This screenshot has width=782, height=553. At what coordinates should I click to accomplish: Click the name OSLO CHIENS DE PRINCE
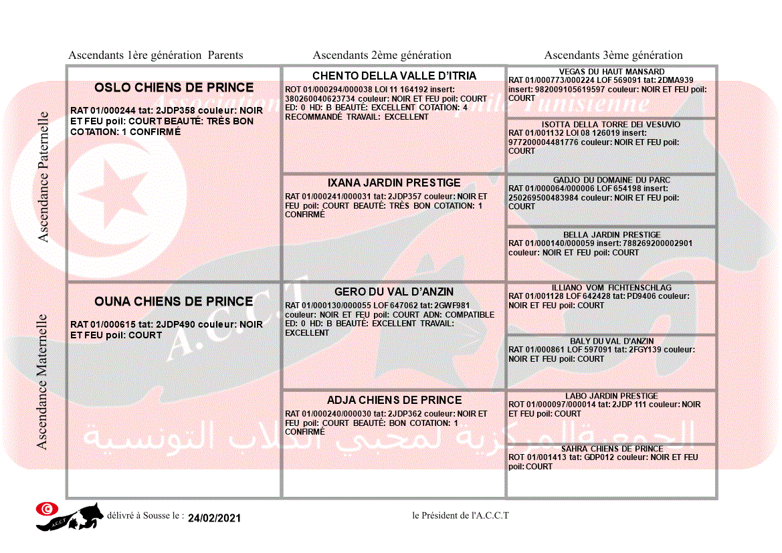coord(174,88)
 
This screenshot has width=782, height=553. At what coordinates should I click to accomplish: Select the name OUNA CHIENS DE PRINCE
coord(173,302)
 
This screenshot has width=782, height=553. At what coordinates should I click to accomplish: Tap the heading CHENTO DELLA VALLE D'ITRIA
coord(394,76)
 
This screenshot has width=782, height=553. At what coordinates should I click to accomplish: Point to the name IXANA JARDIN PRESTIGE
coord(394,183)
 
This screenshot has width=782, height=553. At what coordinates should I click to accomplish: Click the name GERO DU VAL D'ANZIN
coord(394,292)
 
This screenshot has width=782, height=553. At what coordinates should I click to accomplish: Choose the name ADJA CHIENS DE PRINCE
coord(394,400)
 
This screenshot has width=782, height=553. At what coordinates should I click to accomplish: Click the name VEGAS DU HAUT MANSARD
coord(611,72)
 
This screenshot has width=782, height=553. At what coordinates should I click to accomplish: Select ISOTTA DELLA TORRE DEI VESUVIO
coord(611,124)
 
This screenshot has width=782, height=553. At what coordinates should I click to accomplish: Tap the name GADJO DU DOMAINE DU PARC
coord(611,180)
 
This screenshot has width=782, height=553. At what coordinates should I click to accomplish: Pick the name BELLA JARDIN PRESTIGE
coord(611,235)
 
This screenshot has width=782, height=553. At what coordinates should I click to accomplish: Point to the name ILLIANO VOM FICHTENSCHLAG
coord(611,288)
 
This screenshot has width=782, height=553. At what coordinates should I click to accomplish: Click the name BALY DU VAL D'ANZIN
coord(611,341)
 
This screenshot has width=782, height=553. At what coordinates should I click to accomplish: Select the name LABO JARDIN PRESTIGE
coord(611,396)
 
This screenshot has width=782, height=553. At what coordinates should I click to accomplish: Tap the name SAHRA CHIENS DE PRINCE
coord(611,449)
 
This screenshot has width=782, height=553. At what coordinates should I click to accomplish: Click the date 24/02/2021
coord(214,518)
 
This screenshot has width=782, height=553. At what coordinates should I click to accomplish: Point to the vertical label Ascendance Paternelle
coord(43,177)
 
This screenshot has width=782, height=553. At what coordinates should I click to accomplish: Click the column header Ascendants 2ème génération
coord(382,56)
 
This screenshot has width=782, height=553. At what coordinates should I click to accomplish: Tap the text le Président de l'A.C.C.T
coord(461,516)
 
